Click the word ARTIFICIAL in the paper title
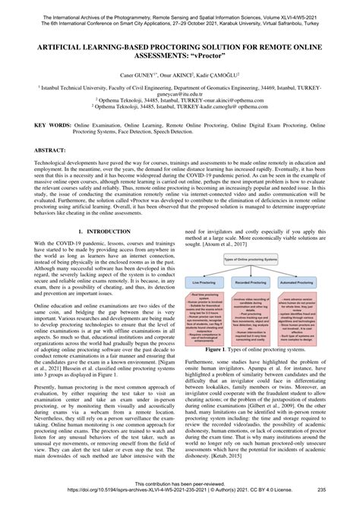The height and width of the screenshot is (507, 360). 55,46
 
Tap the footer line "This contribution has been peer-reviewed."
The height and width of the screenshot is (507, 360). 179,483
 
